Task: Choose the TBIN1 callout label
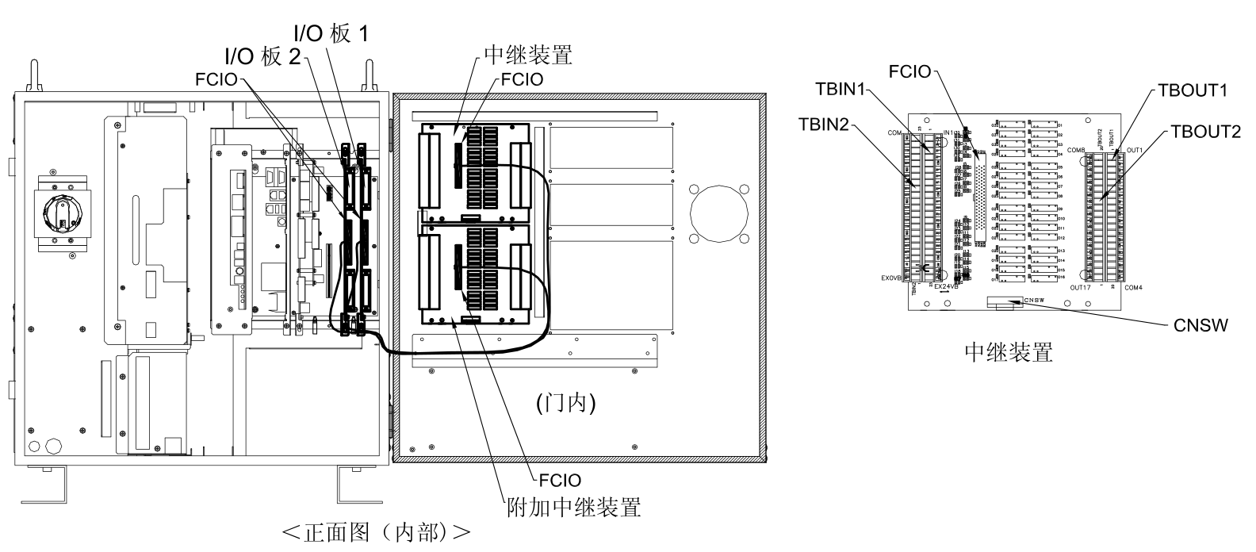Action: click(840, 90)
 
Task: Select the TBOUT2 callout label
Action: click(1204, 132)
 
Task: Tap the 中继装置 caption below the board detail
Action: click(1009, 352)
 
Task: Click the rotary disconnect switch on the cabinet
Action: click(61, 213)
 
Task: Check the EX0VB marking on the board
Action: click(890, 279)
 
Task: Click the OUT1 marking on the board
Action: click(1134, 150)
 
